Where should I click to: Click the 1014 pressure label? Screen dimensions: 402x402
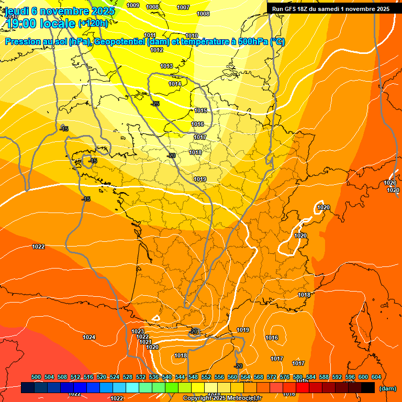175,84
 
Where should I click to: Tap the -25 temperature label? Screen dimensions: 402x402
155,104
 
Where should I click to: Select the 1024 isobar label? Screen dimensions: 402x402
89,338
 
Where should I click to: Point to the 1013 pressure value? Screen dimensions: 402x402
166,66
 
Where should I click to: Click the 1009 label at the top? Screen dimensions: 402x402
133,6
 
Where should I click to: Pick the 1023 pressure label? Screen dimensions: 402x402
138,332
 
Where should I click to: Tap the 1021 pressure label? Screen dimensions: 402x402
145,342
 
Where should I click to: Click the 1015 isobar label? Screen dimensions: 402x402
200,111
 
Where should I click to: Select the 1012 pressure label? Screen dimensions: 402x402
157,50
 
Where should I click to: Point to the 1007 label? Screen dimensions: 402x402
183,8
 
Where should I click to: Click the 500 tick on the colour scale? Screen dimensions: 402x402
36,377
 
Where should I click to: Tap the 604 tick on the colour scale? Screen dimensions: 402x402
376,377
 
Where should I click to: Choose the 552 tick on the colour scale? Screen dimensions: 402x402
206,377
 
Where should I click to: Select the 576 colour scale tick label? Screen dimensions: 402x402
285,377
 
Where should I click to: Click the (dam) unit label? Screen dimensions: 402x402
387,388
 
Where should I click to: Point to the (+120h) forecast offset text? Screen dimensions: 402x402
93,23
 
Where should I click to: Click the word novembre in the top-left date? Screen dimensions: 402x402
62,11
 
